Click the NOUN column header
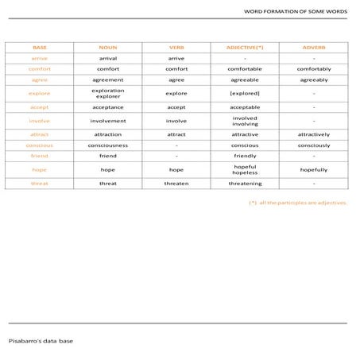pos(107,48)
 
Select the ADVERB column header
pos(314,48)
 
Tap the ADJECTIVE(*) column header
pos(245,48)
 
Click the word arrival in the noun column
pos(107,58)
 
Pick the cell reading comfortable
pos(245,69)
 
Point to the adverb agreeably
pos(314,80)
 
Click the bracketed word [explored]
pos(245,94)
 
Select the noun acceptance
pos(107,106)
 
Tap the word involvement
pos(107,121)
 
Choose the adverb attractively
pos(314,134)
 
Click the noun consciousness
pos(107,145)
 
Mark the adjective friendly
pos(245,157)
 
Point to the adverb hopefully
pos(314,170)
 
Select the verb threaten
pos(176,184)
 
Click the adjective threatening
pos(245,184)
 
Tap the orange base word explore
pos(40,94)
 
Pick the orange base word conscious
pos(40,145)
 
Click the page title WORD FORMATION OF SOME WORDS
pos(295,11)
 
